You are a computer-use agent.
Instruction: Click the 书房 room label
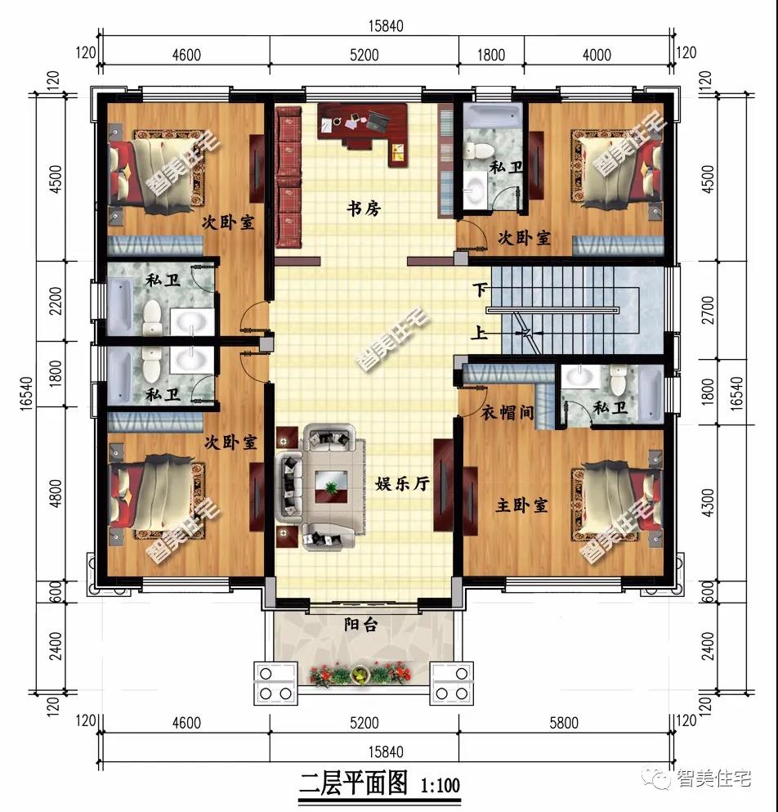tap(364, 209)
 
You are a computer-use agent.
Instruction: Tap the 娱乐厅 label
tap(402, 484)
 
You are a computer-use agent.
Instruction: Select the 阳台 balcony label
tap(360, 626)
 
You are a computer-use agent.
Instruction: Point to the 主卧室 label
tap(521, 506)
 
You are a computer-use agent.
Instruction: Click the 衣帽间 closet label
tap(507, 414)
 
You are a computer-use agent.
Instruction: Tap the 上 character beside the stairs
tap(480, 334)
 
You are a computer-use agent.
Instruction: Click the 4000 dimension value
tap(597, 55)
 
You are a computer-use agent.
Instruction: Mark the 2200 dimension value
tap(56, 300)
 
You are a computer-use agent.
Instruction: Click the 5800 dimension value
tap(564, 722)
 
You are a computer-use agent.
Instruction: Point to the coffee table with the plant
tap(331, 488)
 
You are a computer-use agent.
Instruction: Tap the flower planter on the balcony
tap(360, 675)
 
